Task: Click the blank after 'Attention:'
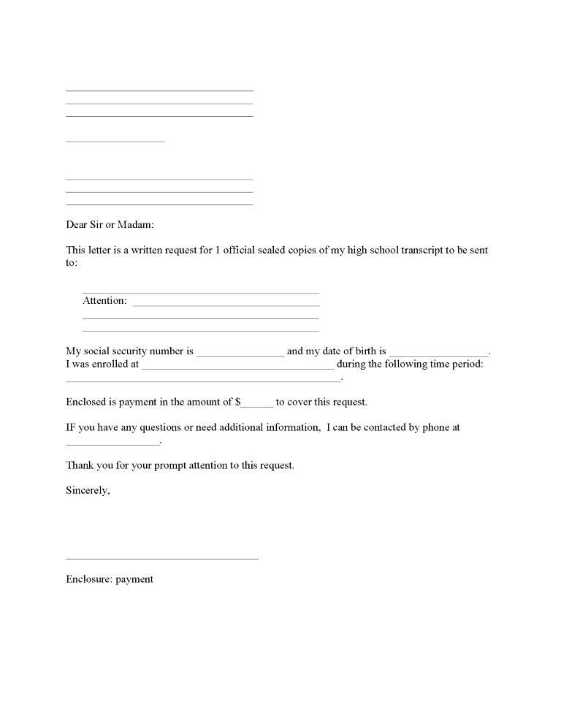(x=226, y=305)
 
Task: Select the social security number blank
(x=240, y=354)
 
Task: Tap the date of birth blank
(x=438, y=354)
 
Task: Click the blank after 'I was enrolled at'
(x=237, y=367)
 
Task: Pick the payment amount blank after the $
(x=257, y=405)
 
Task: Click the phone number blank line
(x=112, y=443)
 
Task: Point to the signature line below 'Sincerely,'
(x=162, y=559)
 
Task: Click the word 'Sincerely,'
(x=88, y=491)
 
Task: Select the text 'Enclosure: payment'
(x=110, y=579)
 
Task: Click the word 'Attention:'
(x=104, y=301)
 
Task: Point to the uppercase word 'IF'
(x=72, y=427)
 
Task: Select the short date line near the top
(x=115, y=141)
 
